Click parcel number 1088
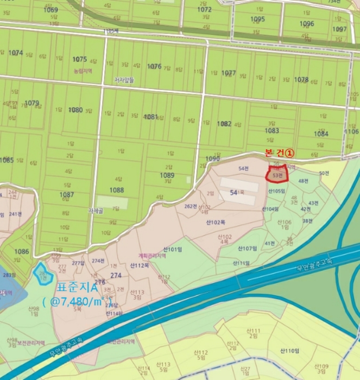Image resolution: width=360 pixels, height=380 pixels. tap(116, 190)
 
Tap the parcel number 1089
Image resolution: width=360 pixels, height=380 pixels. tap(167, 175)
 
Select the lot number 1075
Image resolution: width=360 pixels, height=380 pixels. tap(79, 59)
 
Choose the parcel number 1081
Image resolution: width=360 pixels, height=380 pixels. tap(150, 117)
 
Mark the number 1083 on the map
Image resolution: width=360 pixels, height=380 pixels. tap(272, 131)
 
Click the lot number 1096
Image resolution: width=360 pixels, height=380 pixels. tap(307, 24)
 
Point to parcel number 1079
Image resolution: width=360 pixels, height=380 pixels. tap(32, 103)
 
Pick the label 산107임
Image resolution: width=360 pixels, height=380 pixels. tap(246, 248)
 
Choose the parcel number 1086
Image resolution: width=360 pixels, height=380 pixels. tap(22, 251)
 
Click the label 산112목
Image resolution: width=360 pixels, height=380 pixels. tap(140, 265)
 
